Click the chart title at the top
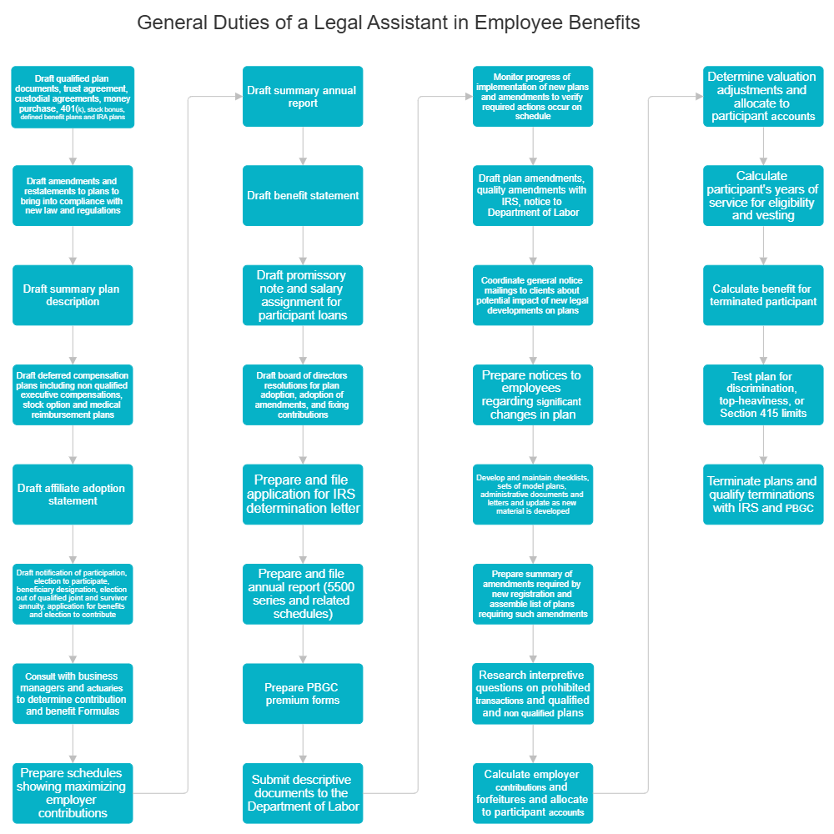click(389, 23)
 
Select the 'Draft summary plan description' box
click(73, 295)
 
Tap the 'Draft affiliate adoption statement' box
click(73, 495)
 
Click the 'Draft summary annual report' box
click(303, 97)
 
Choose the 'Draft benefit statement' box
click(303, 196)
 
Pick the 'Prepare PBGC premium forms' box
click(303, 694)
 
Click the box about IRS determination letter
click(303, 495)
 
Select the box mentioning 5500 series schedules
click(303, 594)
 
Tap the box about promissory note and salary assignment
click(303, 295)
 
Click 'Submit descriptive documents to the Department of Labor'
click(303, 793)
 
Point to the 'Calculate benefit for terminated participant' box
click(763, 295)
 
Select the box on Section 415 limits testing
click(763, 395)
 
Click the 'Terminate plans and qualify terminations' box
click(763, 495)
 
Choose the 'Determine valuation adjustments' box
click(763, 97)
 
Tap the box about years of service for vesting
click(763, 196)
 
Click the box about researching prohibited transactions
click(533, 694)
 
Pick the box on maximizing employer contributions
click(73, 793)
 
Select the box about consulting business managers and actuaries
click(73, 694)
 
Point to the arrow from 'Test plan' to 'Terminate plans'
click(763, 445)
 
